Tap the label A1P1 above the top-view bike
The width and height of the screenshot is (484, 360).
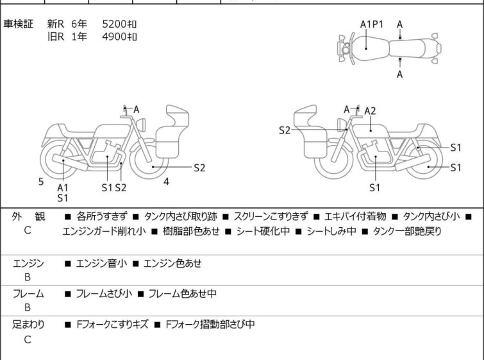point(371,24)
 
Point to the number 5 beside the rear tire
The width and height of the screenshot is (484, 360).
point(41,182)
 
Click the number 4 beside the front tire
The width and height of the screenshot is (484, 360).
point(166,182)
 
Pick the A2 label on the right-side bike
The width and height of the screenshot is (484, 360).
point(370,111)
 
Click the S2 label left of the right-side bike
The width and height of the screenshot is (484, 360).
point(285,130)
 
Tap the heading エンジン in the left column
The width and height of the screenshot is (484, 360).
point(28,263)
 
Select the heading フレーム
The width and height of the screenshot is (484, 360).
point(28,294)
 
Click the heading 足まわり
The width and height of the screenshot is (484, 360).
point(28,325)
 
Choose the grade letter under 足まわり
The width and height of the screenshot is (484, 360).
point(28,340)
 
